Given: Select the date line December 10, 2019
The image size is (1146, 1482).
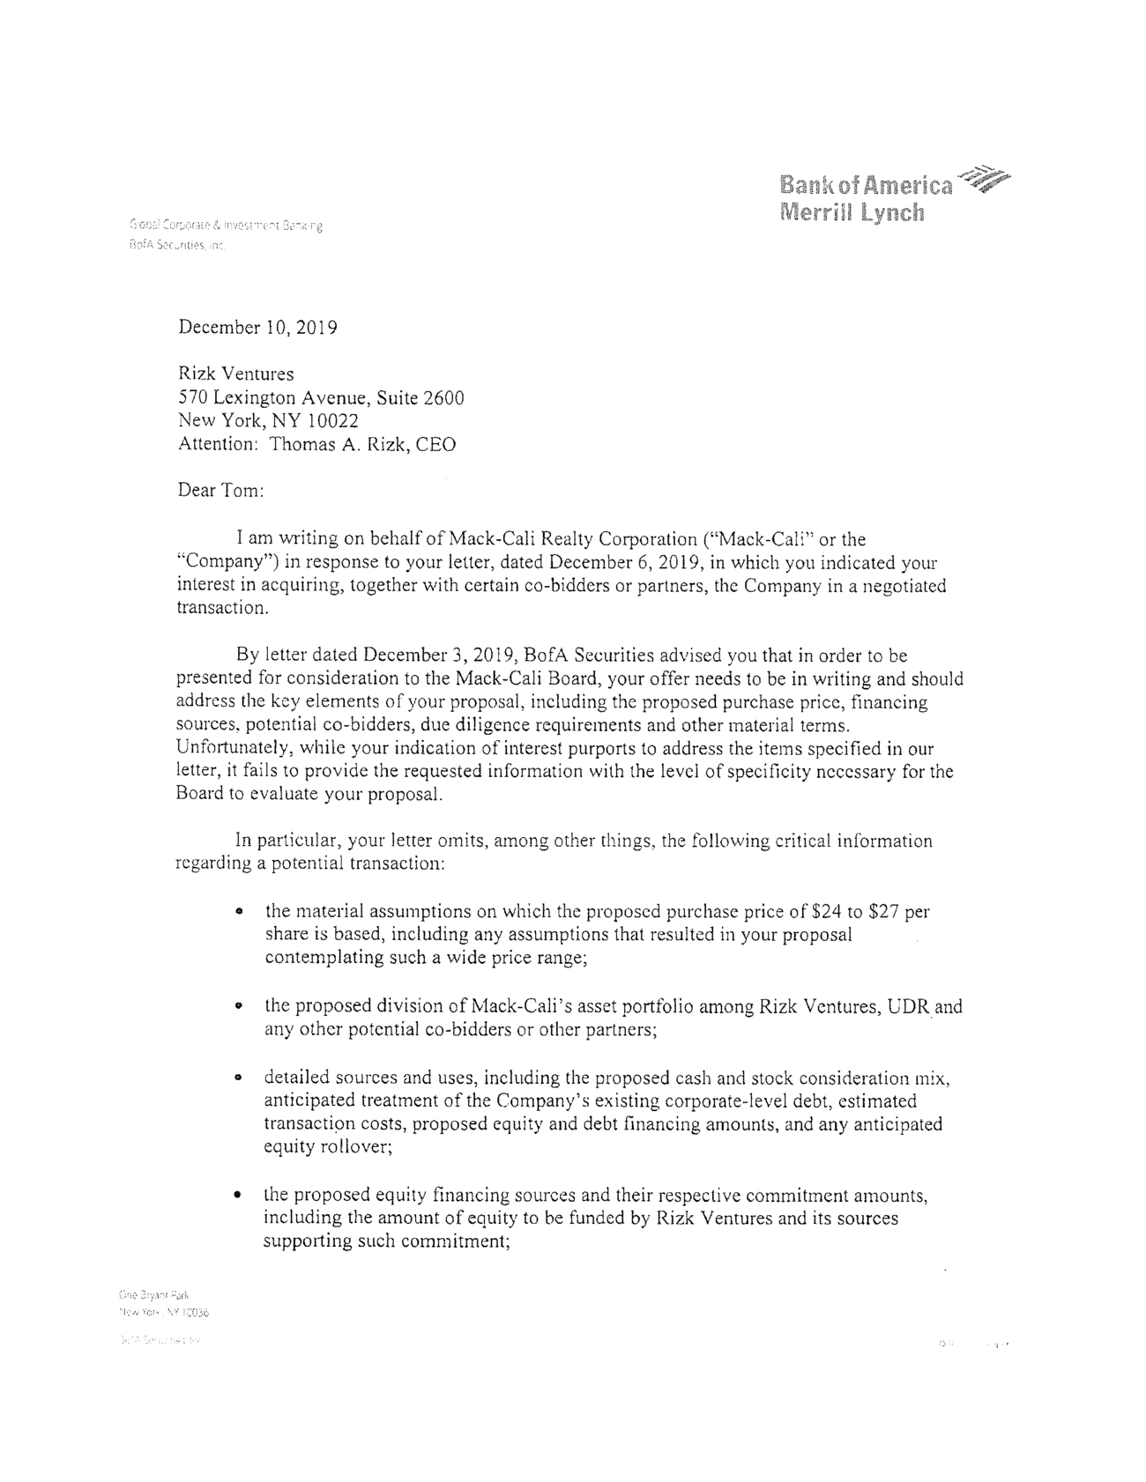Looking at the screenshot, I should coord(257,328).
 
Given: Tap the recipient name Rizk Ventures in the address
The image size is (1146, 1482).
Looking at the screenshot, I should coord(235,374).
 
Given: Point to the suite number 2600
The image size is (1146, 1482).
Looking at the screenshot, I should coord(443,398).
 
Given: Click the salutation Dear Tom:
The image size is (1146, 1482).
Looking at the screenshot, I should coord(220,491).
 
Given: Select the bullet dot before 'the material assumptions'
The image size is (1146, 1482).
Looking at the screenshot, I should coord(238,911).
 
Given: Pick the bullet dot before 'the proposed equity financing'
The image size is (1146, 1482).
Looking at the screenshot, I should coord(238,1196).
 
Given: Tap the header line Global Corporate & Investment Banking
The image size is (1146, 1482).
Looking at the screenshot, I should coord(226,226).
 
